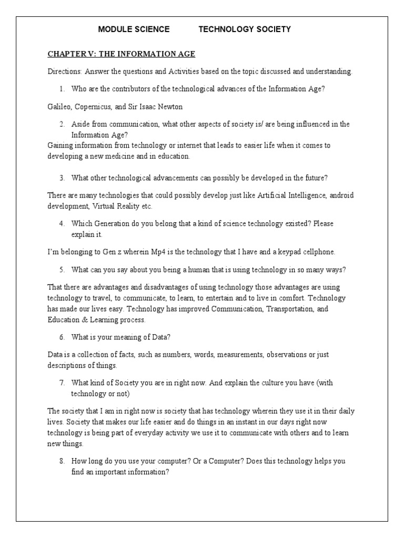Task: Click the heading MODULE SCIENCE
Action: coord(134,29)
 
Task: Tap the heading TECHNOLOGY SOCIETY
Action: coord(244,29)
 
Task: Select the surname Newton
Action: coord(169,107)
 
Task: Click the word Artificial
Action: coord(275,195)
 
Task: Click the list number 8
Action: coord(62,461)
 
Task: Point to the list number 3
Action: coord(62,177)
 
